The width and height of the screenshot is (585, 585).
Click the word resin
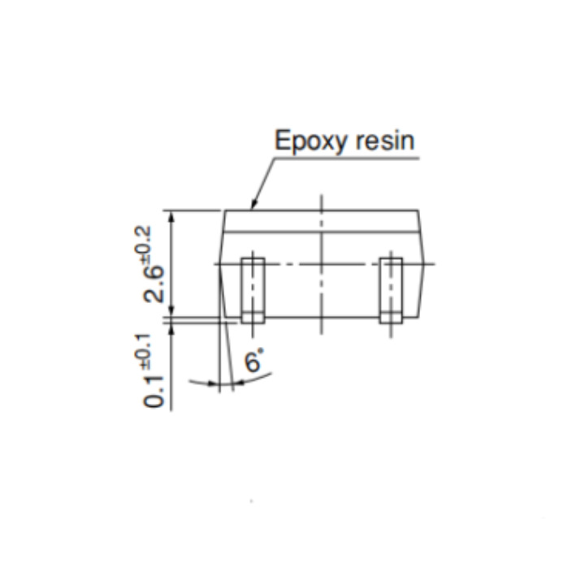point(384,141)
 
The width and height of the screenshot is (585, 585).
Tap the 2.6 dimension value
point(154,284)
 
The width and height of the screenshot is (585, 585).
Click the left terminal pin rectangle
point(253,290)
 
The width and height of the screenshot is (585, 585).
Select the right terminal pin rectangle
point(391,290)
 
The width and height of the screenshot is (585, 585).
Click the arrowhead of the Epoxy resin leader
point(253,206)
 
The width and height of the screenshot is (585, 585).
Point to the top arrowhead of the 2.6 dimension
point(171,216)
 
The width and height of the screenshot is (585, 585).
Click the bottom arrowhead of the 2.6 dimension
point(171,310)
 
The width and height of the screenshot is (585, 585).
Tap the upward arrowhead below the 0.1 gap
point(171,329)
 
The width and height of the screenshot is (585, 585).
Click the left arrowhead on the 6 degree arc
point(214,383)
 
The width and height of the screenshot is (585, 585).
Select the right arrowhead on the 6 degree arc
point(238,383)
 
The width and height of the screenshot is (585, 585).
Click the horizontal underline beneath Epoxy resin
point(348,158)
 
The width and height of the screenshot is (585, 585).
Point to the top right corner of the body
point(418,210)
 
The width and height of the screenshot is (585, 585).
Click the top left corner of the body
point(224,210)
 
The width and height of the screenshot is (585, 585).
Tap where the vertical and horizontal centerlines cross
point(322,264)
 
